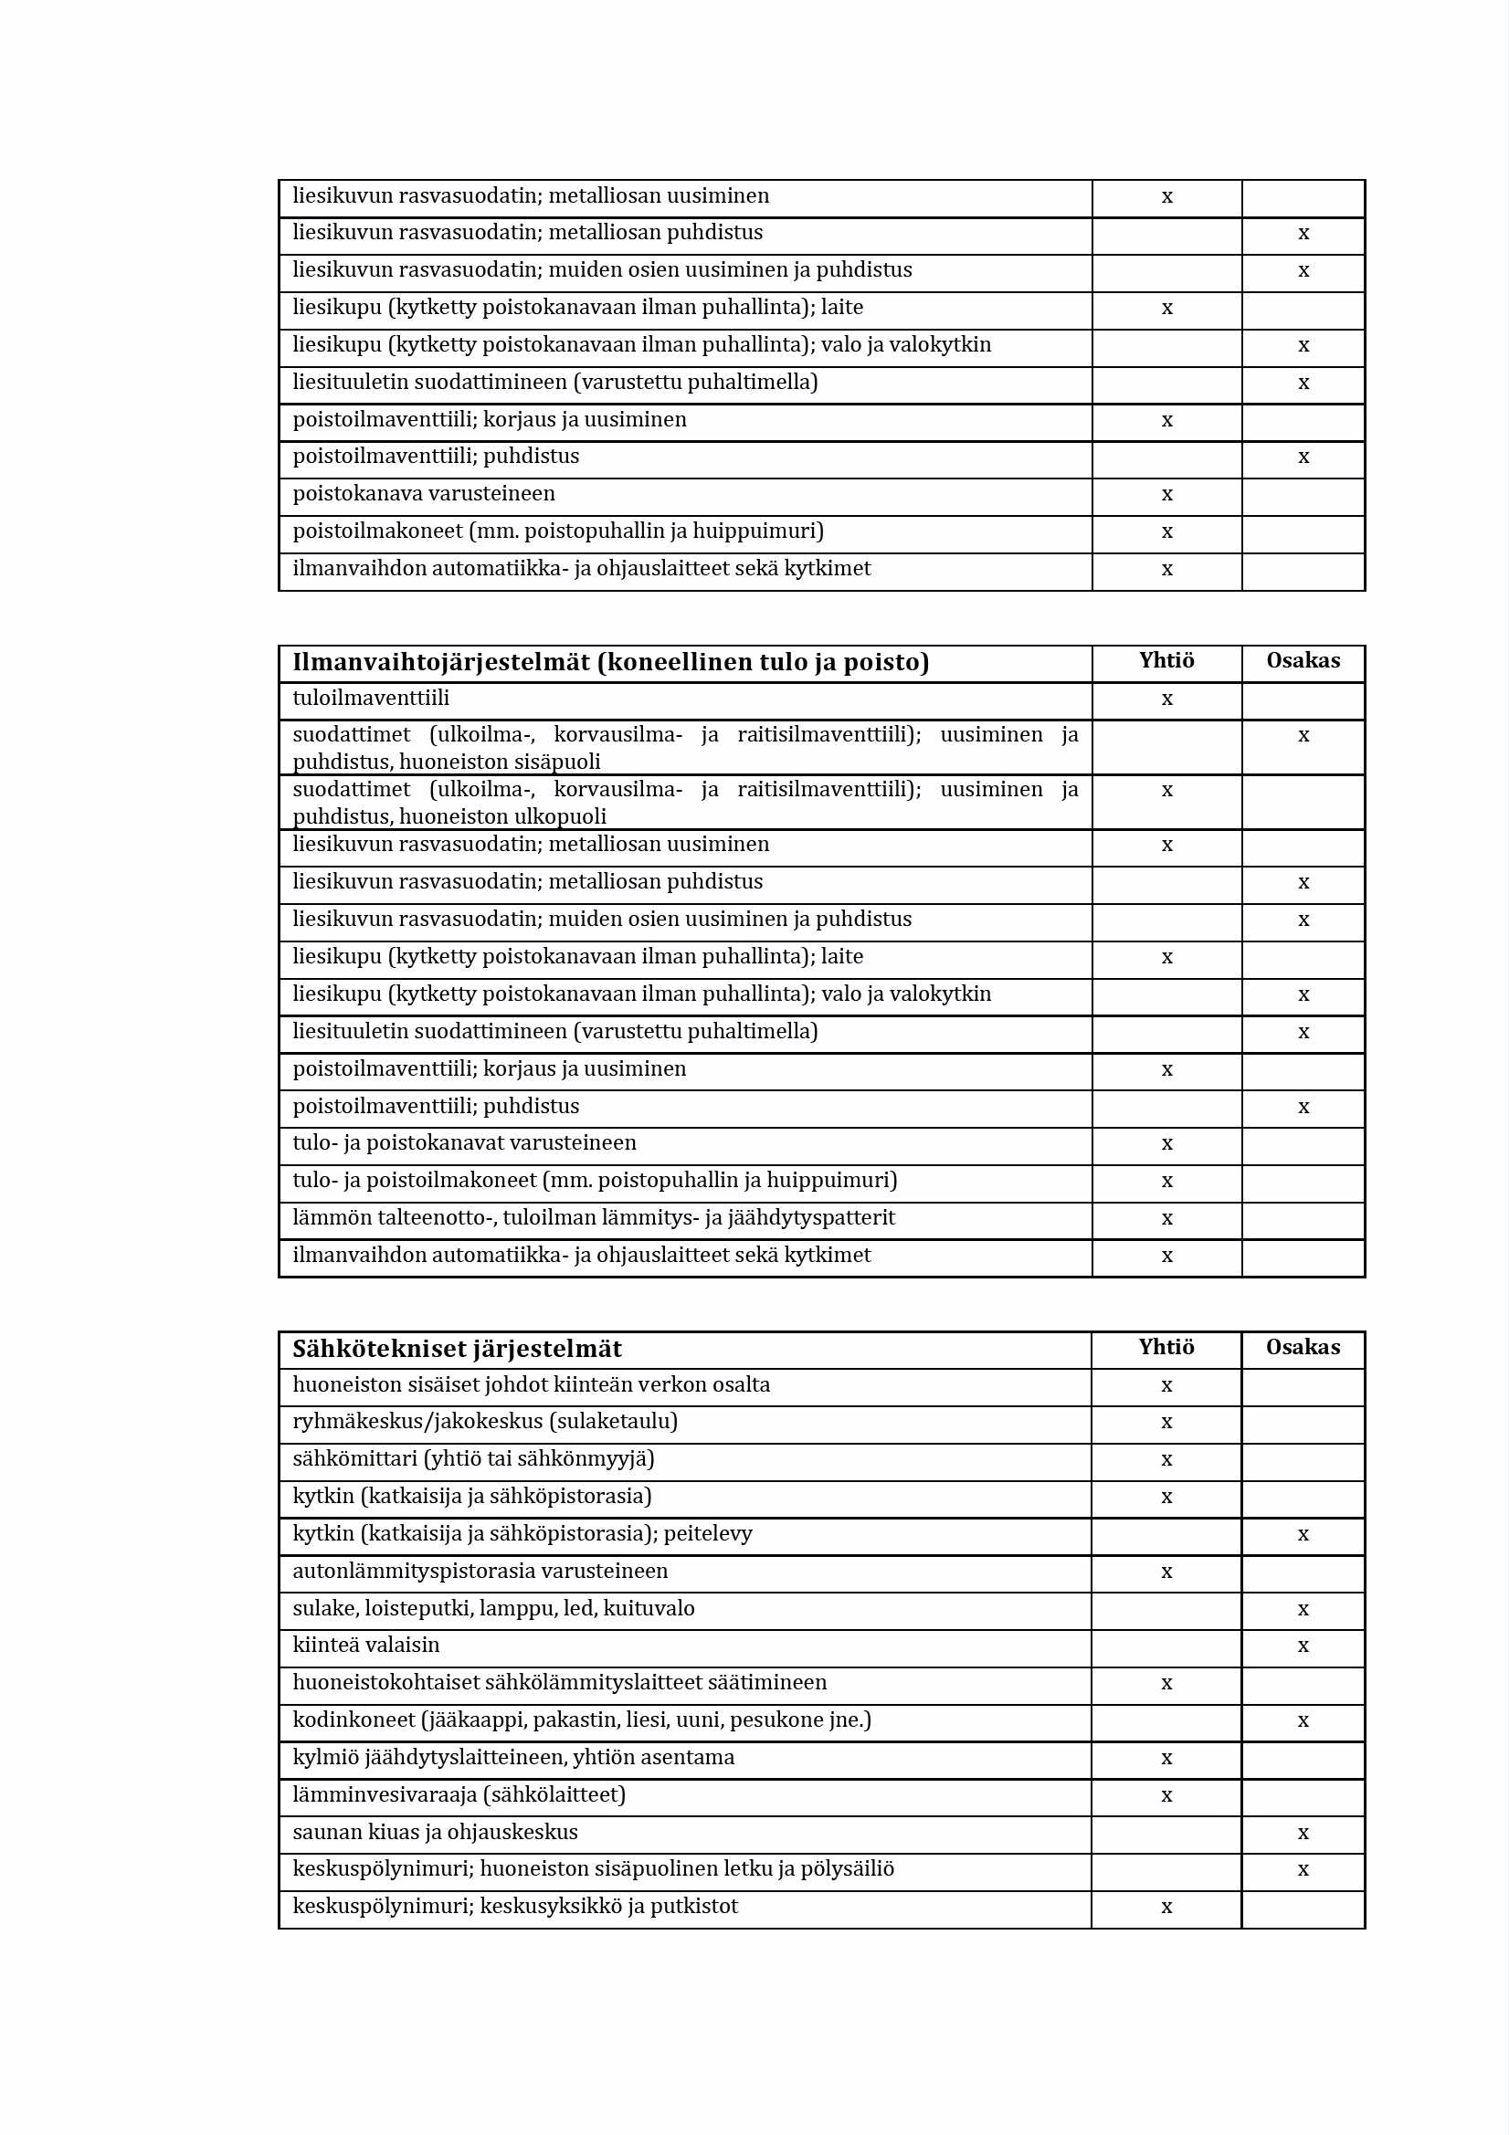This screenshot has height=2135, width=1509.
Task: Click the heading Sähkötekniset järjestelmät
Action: (x=457, y=1349)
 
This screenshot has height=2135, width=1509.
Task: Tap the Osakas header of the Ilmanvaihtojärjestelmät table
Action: (x=1303, y=660)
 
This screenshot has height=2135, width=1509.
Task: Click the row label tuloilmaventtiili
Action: (x=370, y=699)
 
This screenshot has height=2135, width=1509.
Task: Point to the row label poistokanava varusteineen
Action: (x=423, y=494)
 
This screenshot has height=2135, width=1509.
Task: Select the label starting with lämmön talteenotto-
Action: (x=594, y=1217)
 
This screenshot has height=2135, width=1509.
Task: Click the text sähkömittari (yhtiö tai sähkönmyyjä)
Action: (x=473, y=1458)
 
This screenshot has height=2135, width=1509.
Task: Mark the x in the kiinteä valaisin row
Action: (x=1303, y=1646)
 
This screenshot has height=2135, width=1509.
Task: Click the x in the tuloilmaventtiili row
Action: (x=1166, y=699)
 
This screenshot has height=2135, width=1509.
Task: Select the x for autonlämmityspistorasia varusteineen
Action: (x=1166, y=1572)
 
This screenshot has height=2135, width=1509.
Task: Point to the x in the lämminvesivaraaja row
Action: (x=1166, y=1795)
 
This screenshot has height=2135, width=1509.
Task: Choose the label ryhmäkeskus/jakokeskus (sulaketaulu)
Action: (x=485, y=1421)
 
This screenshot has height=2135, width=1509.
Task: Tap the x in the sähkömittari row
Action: (x=1166, y=1460)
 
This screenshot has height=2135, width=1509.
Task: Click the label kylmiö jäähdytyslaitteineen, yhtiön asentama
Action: (x=513, y=1757)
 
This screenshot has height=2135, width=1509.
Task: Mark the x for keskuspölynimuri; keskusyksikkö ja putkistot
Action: (x=1166, y=1908)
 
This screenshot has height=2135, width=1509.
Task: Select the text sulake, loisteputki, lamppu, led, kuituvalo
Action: (x=493, y=1608)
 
